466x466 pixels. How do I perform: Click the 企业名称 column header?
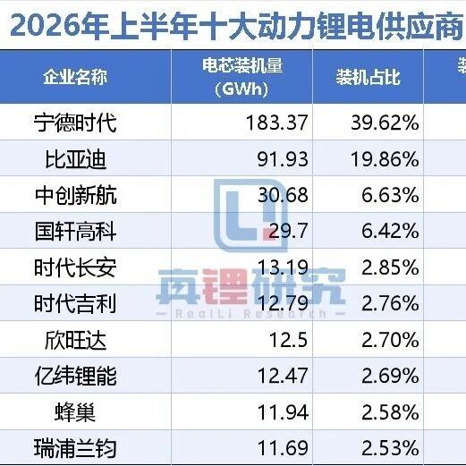pyautogui.click(x=75, y=77)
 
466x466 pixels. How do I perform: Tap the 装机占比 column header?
pyautogui.click(x=368, y=77)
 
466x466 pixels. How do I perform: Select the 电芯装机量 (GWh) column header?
pyautogui.click(x=241, y=77)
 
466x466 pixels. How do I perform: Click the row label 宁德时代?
pyautogui.click(x=75, y=123)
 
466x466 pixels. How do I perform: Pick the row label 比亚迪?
pyautogui.click(x=75, y=159)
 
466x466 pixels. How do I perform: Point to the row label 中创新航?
pyautogui.click(x=76, y=195)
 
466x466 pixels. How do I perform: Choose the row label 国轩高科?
pyautogui.click(x=75, y=232)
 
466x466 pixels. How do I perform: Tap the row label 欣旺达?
pyautogui.click(x=75, y=340)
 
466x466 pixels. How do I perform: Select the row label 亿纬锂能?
pyautogui.click(x=75, y=377)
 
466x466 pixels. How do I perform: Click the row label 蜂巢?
pyautogui.click(x=75, y=412)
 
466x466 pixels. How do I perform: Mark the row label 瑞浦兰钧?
pyautogui.click(x=75, y=448)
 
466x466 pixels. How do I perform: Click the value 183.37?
pyautogui.click(x=277, y=123)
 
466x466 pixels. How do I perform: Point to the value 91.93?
pyautogui.click(x=283, y=159)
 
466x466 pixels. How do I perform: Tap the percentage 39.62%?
pyautogui.click(x=385, y=123)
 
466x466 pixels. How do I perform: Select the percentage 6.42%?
pyautogui.click(x=390, y=231)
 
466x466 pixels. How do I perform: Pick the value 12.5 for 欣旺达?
pyautogui.click(x=288, y=340)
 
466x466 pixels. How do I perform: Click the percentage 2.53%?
pyautogui.click(x=390, y=448)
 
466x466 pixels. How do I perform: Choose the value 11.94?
pyautogui.click(x=283, y=412)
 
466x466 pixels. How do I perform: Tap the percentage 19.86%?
pyautogui.click(x=385, y=159)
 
